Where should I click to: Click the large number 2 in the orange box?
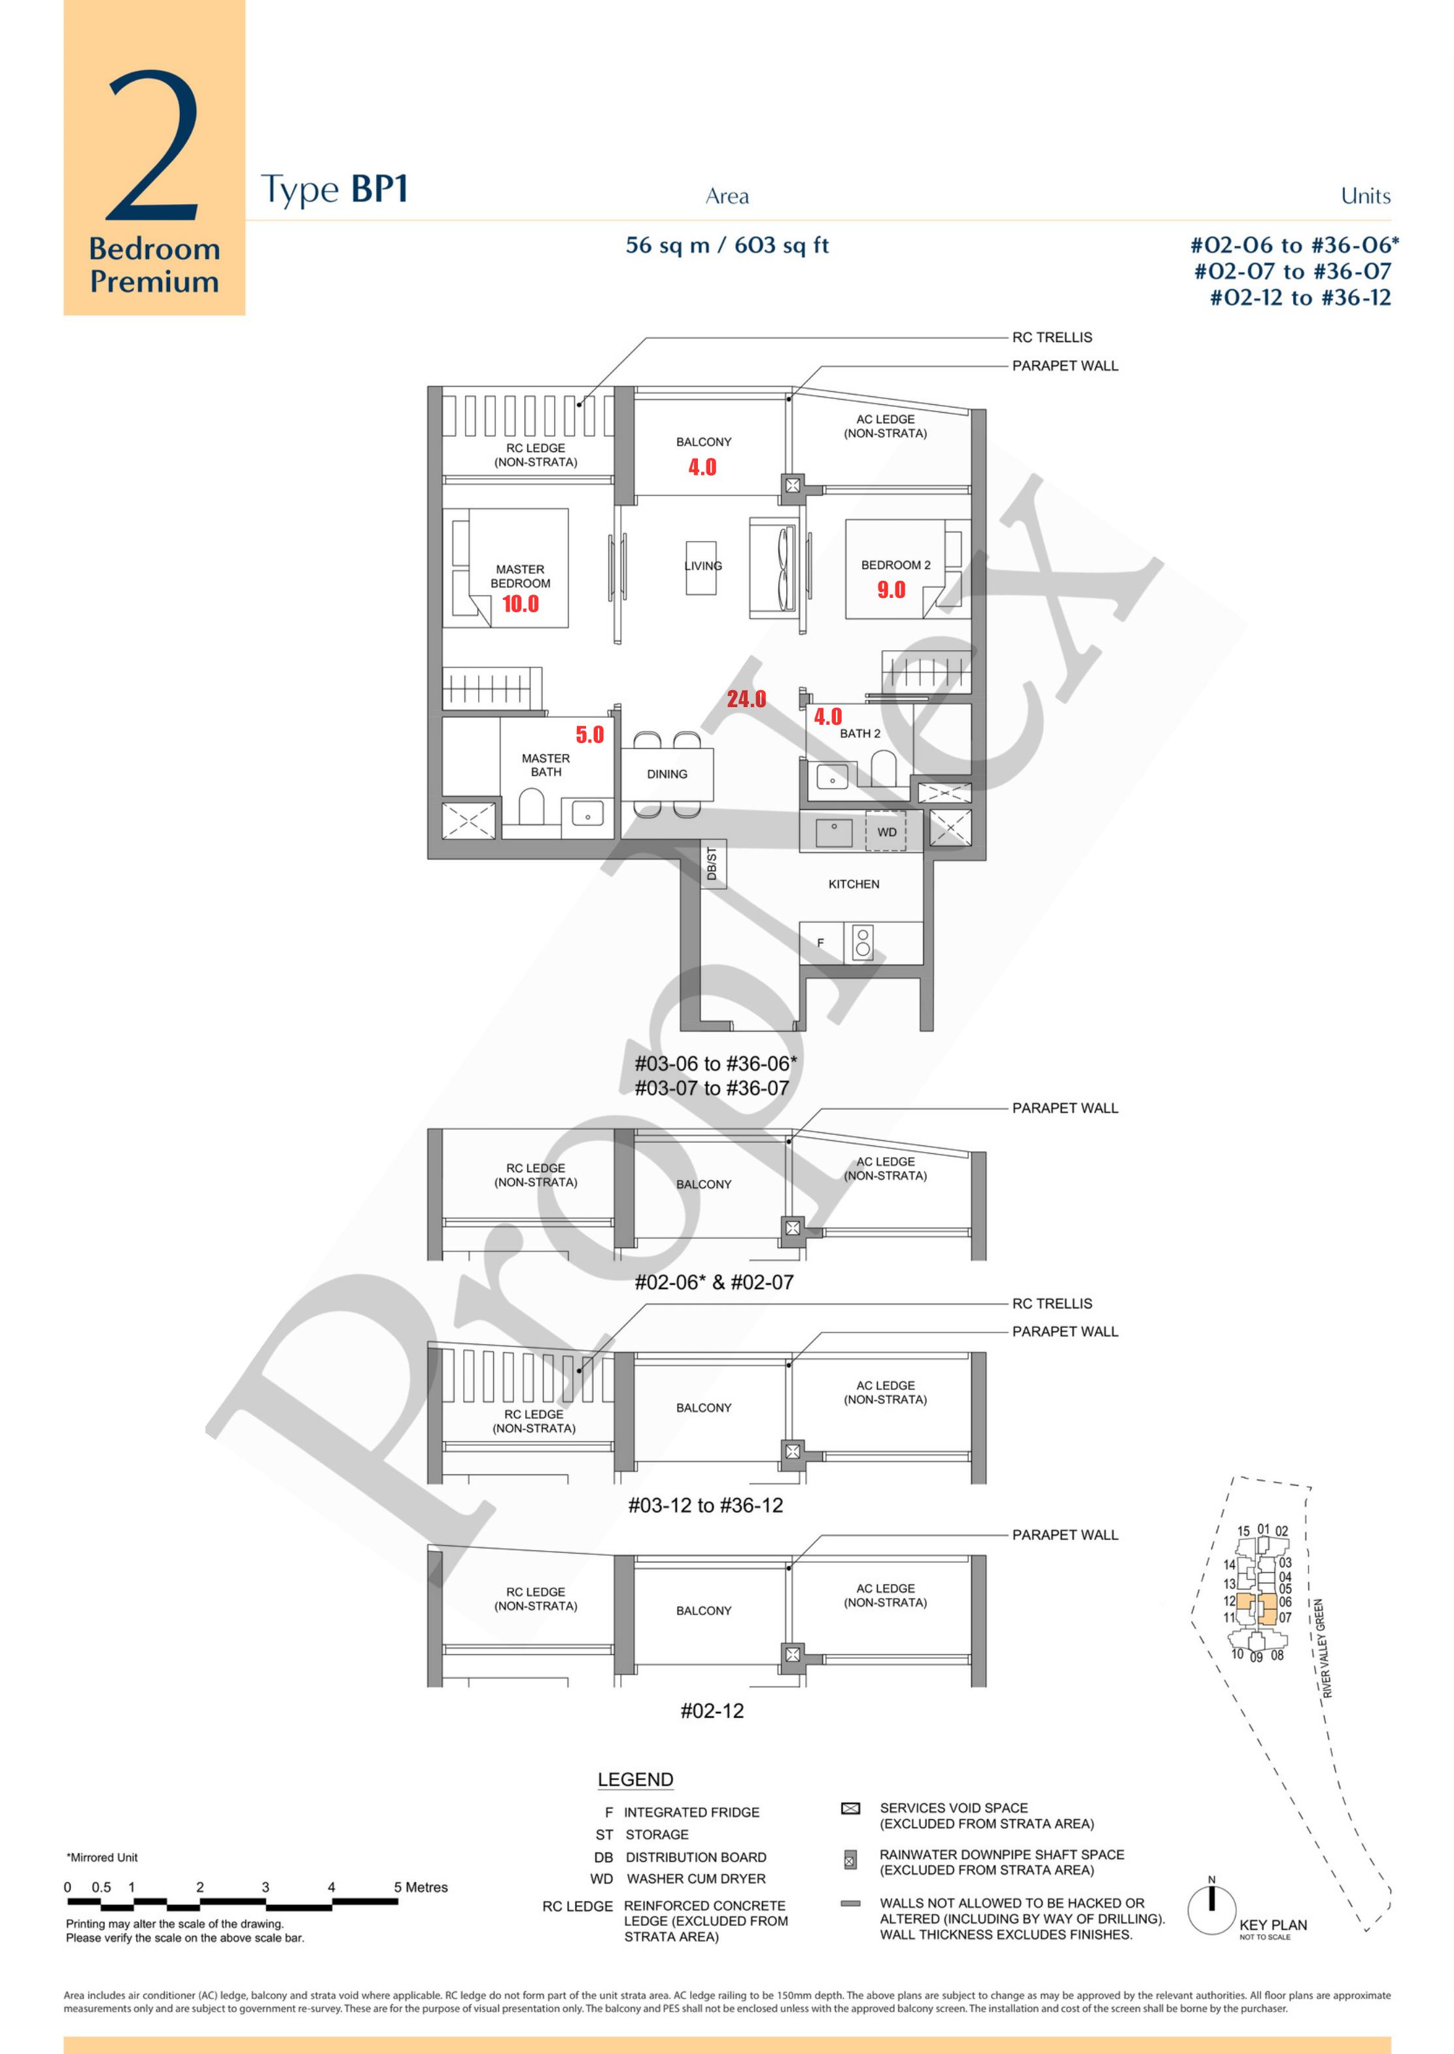click(153, 146)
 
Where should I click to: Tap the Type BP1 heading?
click(335, 190)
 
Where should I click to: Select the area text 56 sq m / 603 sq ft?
click(727, 245)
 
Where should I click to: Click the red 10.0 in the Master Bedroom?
click(520, 604)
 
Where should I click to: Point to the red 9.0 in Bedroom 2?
click(891, 589)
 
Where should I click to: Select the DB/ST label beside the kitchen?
click(713, 863)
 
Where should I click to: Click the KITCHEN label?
click(854, 884)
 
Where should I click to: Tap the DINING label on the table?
click(667, 774)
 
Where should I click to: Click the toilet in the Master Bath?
click(532, 809)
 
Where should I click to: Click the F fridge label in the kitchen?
click(820, 943)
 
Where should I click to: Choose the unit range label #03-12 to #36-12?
click(706, 1505)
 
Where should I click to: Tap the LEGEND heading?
click(636, 1779)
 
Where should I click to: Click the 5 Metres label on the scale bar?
click(421, 1887)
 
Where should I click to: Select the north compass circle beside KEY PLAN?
click(1211, 1911)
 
